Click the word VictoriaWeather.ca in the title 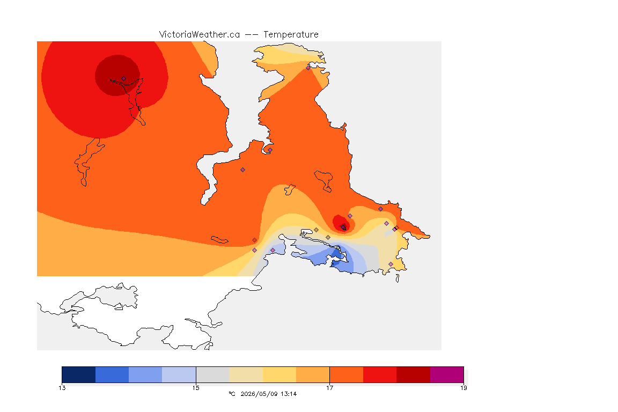(200, 35)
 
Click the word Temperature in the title (291, 35)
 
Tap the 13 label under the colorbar (62, 388)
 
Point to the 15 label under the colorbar (196, 388)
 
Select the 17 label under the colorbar (329, 388)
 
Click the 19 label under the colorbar (464, 388)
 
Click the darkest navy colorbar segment (79, 374)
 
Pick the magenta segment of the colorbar (446, 374)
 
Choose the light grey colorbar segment (212, 374)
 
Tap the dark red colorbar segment (413, 374)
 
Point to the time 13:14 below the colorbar (289, 394)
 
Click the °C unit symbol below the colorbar (232, 394)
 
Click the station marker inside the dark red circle (124, 79)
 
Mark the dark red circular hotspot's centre (117, 75)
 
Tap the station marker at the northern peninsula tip (308, 68)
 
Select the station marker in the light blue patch (273, 251)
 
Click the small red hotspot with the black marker (342, 224)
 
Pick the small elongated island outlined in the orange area (219, 240)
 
